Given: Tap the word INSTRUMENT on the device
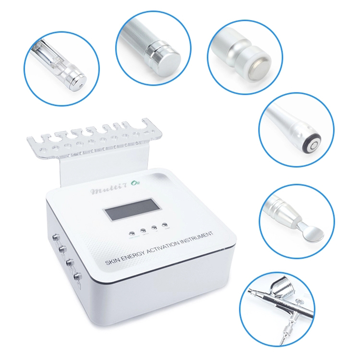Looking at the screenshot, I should tap(199, 237).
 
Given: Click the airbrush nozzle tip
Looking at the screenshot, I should tap(251, 295).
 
